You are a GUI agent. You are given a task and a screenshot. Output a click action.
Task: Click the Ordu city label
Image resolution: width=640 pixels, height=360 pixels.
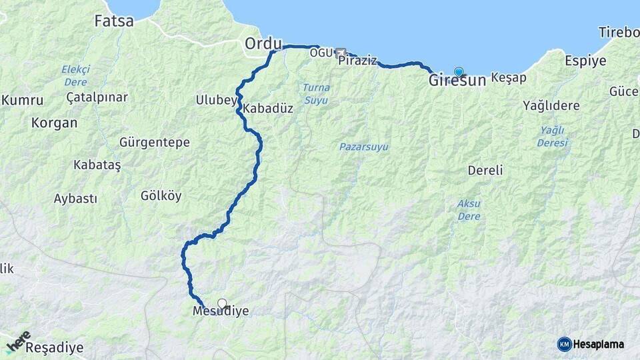pyautogui.click(x=263, y=43)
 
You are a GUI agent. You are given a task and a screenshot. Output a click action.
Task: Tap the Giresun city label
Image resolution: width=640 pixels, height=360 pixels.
pyautogui.click(x=457, y=81)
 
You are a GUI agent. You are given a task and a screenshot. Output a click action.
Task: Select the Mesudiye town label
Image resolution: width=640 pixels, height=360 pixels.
pyautogui.click(x=220, y=311)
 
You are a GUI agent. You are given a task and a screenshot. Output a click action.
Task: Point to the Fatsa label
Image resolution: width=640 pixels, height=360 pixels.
pyautogui.click(x=114, y=21)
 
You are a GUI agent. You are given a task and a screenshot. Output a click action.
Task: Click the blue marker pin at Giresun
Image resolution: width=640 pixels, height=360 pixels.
pyautogui.click(x=459, y=71)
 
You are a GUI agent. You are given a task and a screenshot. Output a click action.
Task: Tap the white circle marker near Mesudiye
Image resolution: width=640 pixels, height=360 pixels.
pyautogui.click(x=222, y=303)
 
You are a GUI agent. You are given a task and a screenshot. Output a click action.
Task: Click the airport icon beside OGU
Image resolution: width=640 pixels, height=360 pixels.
pyautogui.click(x=341, y=52)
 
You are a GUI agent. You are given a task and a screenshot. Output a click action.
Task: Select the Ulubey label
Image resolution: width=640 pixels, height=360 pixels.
pyautogui.click(x=216, y=100)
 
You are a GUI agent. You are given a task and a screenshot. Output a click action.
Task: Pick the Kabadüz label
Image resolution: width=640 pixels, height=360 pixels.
pyautogui.click(x=268, y=108)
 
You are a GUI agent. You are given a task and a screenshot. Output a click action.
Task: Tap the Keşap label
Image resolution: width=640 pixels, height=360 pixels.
pyautogui.click(x=509, y=78)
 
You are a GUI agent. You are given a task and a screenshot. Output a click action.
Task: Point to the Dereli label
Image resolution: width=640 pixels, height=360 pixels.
pyautogui.click(x=485, y=170)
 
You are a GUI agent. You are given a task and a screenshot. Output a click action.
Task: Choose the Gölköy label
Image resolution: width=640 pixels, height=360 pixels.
pyautogui.click(x=161, y=196)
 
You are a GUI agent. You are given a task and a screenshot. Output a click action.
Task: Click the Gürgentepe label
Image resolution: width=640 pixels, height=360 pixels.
pyautogui.click(x=154, y=143)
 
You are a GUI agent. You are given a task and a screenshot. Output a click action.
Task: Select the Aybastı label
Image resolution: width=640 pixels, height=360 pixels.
pyautogui.click(x=75, y=199)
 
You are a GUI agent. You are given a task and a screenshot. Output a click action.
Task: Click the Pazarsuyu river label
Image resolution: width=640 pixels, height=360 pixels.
pyautogui.click(x=364, y=147)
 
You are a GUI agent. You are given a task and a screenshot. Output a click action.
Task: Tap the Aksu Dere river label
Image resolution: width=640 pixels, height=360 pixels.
pyautogui.click(x=469, y=209)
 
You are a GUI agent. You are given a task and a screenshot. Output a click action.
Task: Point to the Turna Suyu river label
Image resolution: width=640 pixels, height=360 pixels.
pyautogui.click(x=316, y=93)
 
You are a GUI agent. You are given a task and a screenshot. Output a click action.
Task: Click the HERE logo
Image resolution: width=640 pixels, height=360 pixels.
pyautogui.click(x=19, y=341)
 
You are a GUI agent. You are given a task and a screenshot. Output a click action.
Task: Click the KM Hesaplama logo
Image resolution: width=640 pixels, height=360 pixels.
pyautogui.click(x=591, y=344)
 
